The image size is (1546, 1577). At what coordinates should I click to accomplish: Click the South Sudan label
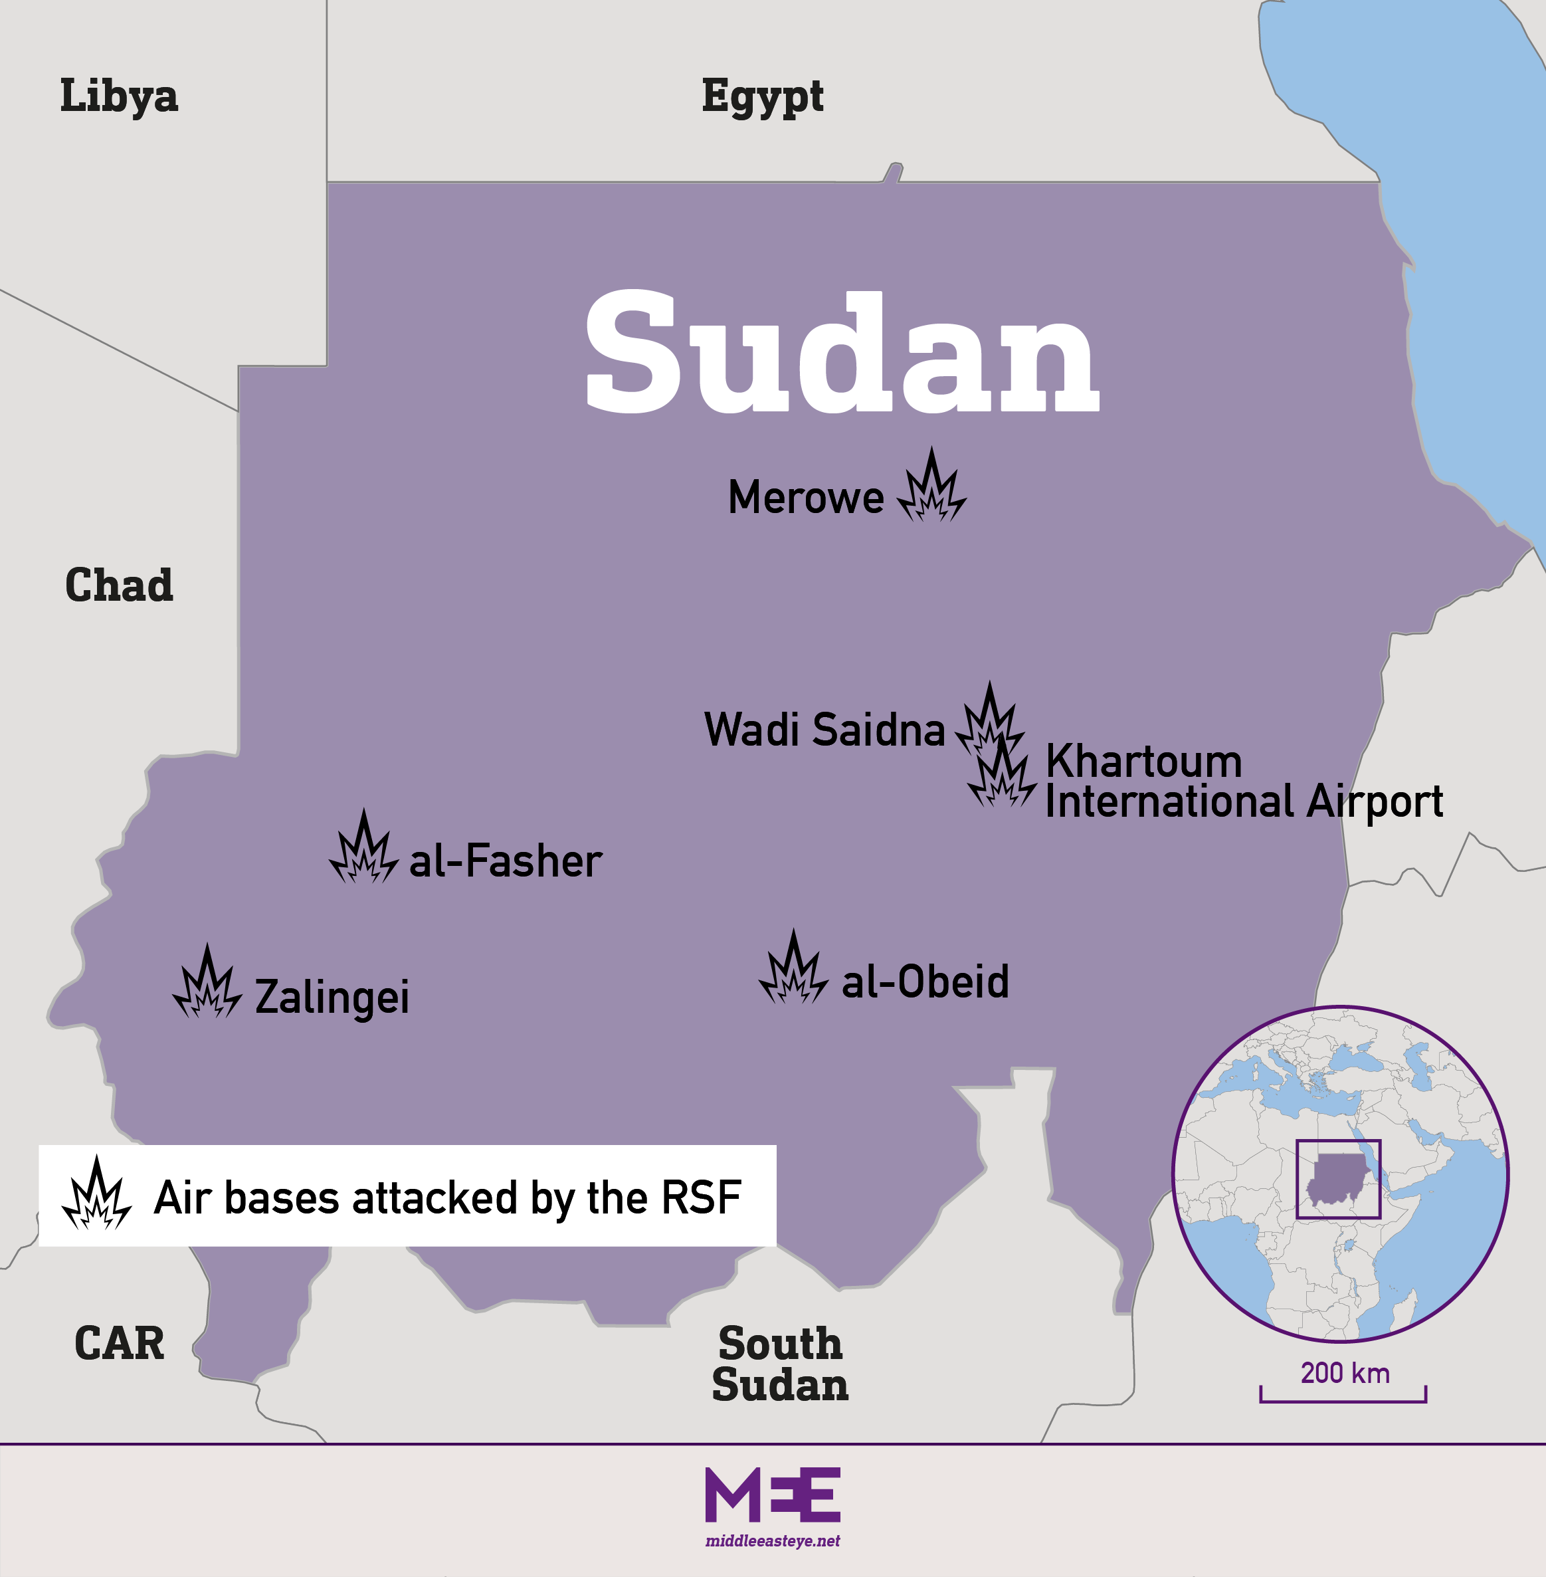point(779,1364)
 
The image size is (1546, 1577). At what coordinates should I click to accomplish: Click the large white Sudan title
point(842,354)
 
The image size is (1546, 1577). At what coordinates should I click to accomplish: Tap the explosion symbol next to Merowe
point(931,488)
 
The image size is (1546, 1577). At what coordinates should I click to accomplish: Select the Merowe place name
point(805,497)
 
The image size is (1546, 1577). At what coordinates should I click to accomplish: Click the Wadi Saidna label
point(824,729)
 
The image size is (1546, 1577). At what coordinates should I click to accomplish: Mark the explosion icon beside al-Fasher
point(364,849)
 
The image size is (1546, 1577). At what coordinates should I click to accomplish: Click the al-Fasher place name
point(505,861)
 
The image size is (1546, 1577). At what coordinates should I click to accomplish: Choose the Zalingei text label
point(332,998)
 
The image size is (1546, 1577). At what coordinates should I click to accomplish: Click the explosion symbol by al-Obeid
point(793,970)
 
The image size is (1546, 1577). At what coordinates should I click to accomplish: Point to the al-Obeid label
point(925,981)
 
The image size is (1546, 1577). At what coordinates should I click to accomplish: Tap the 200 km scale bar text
point(1345,1372)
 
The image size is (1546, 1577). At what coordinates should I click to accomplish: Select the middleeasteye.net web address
point(772,1540)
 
